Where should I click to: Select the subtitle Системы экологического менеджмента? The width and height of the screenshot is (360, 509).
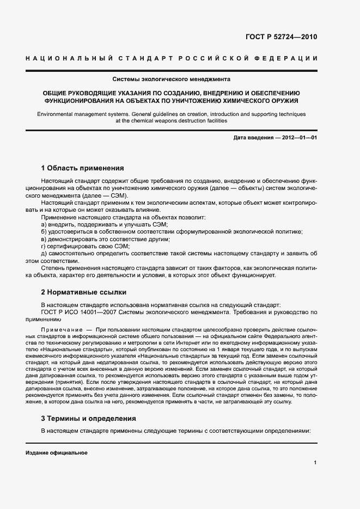coord(172,78)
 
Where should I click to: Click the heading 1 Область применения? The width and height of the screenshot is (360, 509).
coord(83,168)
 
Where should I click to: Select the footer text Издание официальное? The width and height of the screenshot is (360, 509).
coord(57,453)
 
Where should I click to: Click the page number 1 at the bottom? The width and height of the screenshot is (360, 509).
coord(315,462)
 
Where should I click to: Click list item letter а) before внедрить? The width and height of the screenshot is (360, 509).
coord(44,224)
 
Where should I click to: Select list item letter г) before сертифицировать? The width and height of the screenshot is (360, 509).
coord(44,246)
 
